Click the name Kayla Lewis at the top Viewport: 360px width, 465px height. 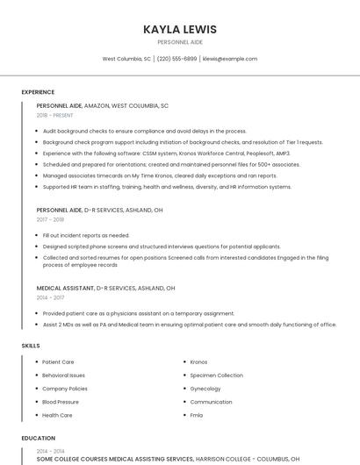point(180,29)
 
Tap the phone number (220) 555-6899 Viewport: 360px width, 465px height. point(176,59)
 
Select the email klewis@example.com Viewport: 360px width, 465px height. point(230,59)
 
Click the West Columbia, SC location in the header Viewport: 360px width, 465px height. point(126,59)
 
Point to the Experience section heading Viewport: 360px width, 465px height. point(38,92)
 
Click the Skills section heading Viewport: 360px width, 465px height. point(31,346)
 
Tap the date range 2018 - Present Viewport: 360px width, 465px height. point(55,115)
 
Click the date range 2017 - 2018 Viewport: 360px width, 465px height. point(50,220)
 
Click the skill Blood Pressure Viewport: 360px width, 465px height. point(61,402)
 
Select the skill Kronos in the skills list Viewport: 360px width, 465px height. point(198,361)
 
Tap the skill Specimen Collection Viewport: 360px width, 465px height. point(216,376)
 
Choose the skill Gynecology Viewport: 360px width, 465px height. point(205,389)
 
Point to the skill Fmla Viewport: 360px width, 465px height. point(197,415)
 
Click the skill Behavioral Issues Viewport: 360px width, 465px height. point(64,376)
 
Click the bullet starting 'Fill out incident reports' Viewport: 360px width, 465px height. point(86,235)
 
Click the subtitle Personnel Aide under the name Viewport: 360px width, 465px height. point(180,42)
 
